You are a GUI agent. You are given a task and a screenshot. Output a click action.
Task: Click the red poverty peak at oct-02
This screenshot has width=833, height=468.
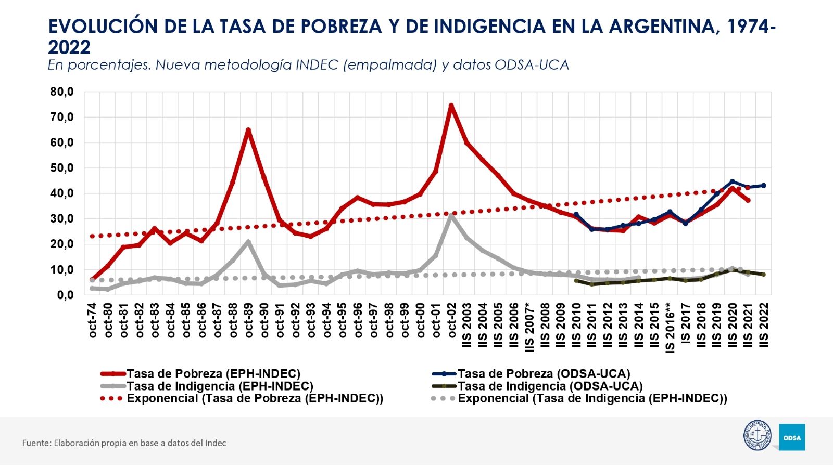pyautogui.click(x=451, y=106)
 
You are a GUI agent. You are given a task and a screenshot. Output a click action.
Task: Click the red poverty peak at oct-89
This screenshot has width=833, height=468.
pyautogui.click(x=248, y=131)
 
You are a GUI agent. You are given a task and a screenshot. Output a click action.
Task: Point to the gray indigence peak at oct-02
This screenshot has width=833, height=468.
pyautogui.click(x=451, y=215)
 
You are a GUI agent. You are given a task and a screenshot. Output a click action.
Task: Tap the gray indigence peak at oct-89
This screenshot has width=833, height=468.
pyautogui.click(x=248, y=242)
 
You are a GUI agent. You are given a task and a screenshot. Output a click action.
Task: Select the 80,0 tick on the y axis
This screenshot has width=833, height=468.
pyautogui.click(x=62, y=92)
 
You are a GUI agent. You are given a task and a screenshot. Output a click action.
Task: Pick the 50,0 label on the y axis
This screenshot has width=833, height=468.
pyautogui.click(x=62, y=168)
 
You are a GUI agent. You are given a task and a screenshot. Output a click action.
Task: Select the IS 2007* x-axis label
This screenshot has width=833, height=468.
pyautogui.click(x=529, y=327)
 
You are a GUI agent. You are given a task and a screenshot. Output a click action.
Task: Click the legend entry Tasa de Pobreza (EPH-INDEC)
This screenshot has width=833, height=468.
pyautogui.click(x=213, y=373)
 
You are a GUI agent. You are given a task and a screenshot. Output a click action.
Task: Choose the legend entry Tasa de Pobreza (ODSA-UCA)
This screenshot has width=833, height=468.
pyautogui.click(x=544, y=373)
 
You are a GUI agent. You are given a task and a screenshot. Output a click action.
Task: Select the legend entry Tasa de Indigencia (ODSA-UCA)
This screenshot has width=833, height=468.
pyautogui.click(x=550, y=386)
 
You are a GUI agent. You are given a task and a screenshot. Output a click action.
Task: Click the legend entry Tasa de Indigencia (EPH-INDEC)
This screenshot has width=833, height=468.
pyautogui.click(x=220, y=386)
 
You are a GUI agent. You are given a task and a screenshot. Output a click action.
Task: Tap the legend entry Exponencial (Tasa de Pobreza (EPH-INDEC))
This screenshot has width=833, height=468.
pyautogui.click(x=255, y=398)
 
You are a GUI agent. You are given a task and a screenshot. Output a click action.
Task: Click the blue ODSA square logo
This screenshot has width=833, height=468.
pyautogui.click(x=792, y=437)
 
